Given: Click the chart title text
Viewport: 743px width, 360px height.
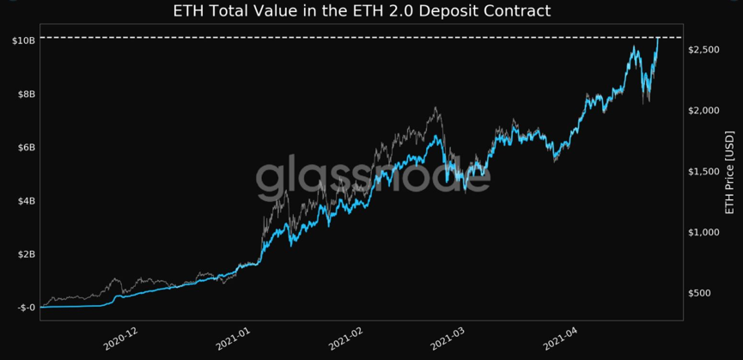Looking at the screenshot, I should pos(362,12).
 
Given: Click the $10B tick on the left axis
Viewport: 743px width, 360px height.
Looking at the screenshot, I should pos(23,40).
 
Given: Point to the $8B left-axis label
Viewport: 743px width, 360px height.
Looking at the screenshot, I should pos(25,94).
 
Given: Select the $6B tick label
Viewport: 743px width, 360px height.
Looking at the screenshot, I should pos(25,147).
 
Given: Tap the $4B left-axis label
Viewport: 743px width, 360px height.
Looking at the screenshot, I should pos(25,201).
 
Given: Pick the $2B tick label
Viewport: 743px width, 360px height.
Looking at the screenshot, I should pos(25,254).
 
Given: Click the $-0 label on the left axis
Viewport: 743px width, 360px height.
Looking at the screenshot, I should pos(25,308).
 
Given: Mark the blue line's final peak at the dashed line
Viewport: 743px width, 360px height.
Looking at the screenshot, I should pos(657,39).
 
